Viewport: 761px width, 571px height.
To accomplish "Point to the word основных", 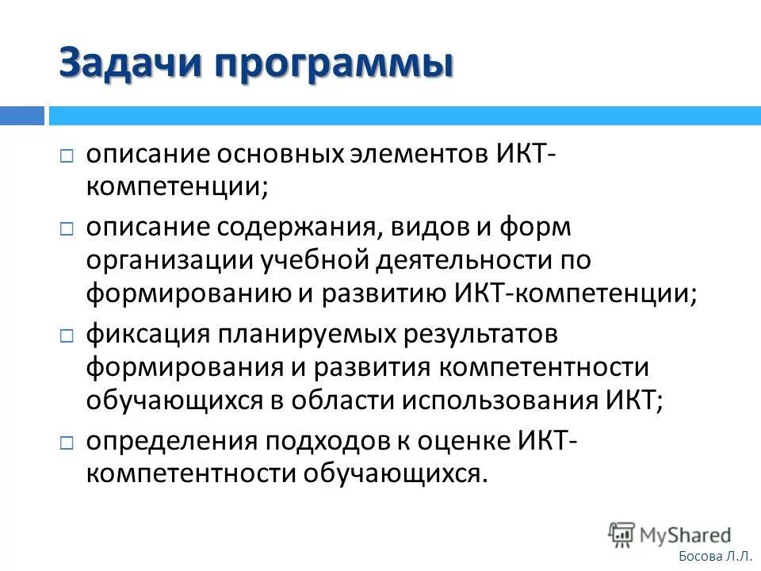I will pyautogui.click(x=275, y=155).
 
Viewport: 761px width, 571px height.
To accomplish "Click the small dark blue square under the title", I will pyautogui.click(x=22, y=116).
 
